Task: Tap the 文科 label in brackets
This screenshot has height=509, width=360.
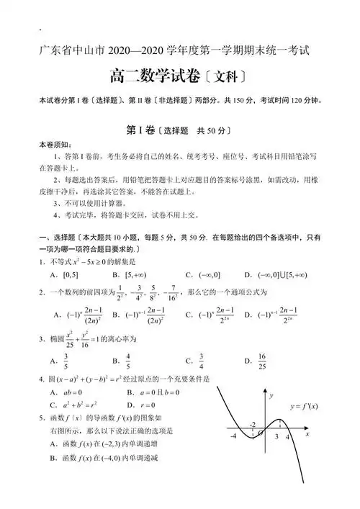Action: [x=228, y=77]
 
